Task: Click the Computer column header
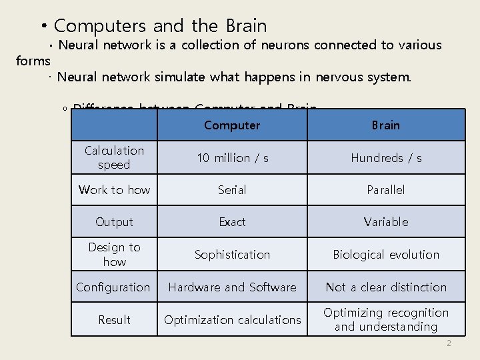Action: (x=232, y=125)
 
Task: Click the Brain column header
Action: (x=386, y=125)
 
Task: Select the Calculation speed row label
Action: (x=114, y=157)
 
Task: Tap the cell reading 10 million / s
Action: (x=232, y=158)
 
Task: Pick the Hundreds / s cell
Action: (x=386, y=158)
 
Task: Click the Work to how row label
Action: (x=114, y=190)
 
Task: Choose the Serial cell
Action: (x=232, y=190)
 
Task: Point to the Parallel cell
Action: (x=386, y=190)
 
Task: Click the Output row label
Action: (x=114, y=222)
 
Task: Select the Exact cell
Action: (x=232, y=222)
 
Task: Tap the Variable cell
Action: (x=386, y=222)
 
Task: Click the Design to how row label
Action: (x=114, y=255)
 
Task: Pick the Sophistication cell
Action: (x=232, y=255)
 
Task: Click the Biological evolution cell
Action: (x=386, y=255)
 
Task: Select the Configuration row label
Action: (x=113, y=287)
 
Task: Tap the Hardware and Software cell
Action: (x=232, y=287)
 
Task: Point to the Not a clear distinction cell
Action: (x=386, y=287)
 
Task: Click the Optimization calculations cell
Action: (x=232, y=320)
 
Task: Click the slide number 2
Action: (x=449, y=343)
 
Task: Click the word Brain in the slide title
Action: (x=246, y=26)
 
